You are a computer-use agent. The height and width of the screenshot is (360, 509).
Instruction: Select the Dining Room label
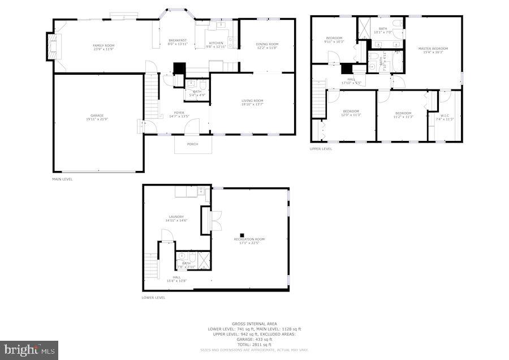tap(267, 46)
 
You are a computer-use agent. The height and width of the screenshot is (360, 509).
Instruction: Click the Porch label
tap(193, 144)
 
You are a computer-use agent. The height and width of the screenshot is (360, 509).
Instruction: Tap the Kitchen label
tap(216, 44)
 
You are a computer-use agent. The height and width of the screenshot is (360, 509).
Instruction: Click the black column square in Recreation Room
tap(242, 234)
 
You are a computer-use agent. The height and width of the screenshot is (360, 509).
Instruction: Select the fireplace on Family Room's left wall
tap(53, 46)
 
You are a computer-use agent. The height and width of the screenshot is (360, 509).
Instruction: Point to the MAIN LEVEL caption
tap(62, 179)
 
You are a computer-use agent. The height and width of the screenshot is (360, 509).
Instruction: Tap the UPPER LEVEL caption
tap(321, 149)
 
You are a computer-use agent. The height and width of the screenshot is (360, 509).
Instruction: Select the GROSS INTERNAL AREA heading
tap(255, 324)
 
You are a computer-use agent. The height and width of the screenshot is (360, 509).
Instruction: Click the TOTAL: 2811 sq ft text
tap(255, 345)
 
